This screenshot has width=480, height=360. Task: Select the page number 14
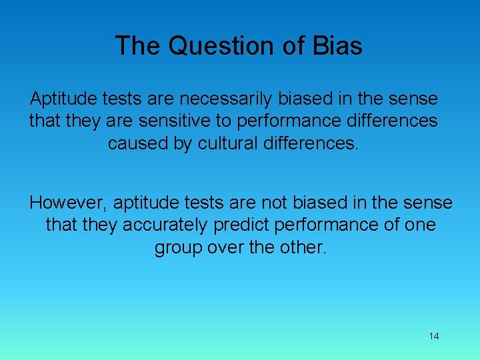[x=434, y=336]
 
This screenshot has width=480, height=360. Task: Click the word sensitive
[x=168, y=121]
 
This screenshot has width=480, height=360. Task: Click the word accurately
[x=166, y=225]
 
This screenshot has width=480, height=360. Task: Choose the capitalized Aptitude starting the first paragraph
[x=63, y=99]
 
